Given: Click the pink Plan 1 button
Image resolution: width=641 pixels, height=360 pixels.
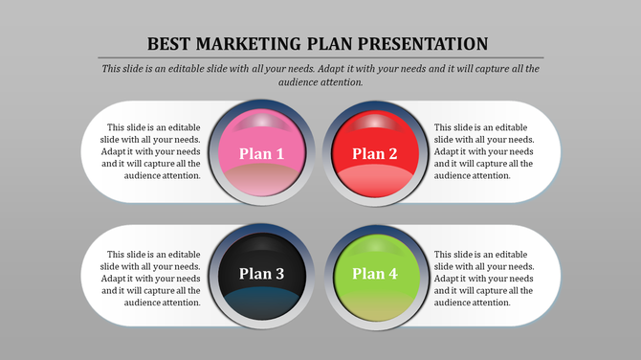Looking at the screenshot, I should (261, 153).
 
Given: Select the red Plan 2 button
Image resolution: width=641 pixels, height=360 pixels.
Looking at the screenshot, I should (375, 153).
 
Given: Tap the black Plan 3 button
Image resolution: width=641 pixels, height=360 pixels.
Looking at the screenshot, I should (261, 274).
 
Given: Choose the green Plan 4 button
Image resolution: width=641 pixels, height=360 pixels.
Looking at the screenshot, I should (375, 274).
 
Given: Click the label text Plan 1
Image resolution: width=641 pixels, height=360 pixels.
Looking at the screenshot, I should (261, 154).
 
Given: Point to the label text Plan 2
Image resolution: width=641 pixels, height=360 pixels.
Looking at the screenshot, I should (375, 154).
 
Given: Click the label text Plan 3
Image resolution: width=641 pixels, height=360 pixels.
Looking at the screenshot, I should (261, 274).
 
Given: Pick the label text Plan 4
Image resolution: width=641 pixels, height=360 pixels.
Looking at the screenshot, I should (375, 274).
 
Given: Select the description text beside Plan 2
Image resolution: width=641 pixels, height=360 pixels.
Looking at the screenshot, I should (483, 151).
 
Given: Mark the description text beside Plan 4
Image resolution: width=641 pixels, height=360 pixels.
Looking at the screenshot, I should (483, 278).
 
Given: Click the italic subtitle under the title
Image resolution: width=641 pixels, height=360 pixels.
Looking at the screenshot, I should (320, 76).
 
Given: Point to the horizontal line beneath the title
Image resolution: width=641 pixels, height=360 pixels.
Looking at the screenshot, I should (320, 58).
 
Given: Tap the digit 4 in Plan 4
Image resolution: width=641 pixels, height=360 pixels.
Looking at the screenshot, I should (393, 274).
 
